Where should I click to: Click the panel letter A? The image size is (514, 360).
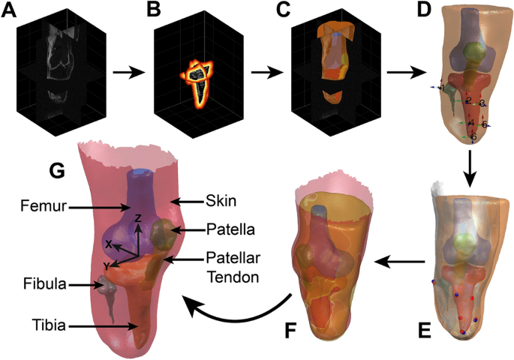coord(11,11)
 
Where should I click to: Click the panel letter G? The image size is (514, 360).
coord(56,171)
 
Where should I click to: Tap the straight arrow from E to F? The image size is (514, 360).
coord(398,261)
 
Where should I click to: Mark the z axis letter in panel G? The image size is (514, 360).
coord(138,217)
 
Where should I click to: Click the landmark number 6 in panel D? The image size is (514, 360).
coord(473,137)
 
